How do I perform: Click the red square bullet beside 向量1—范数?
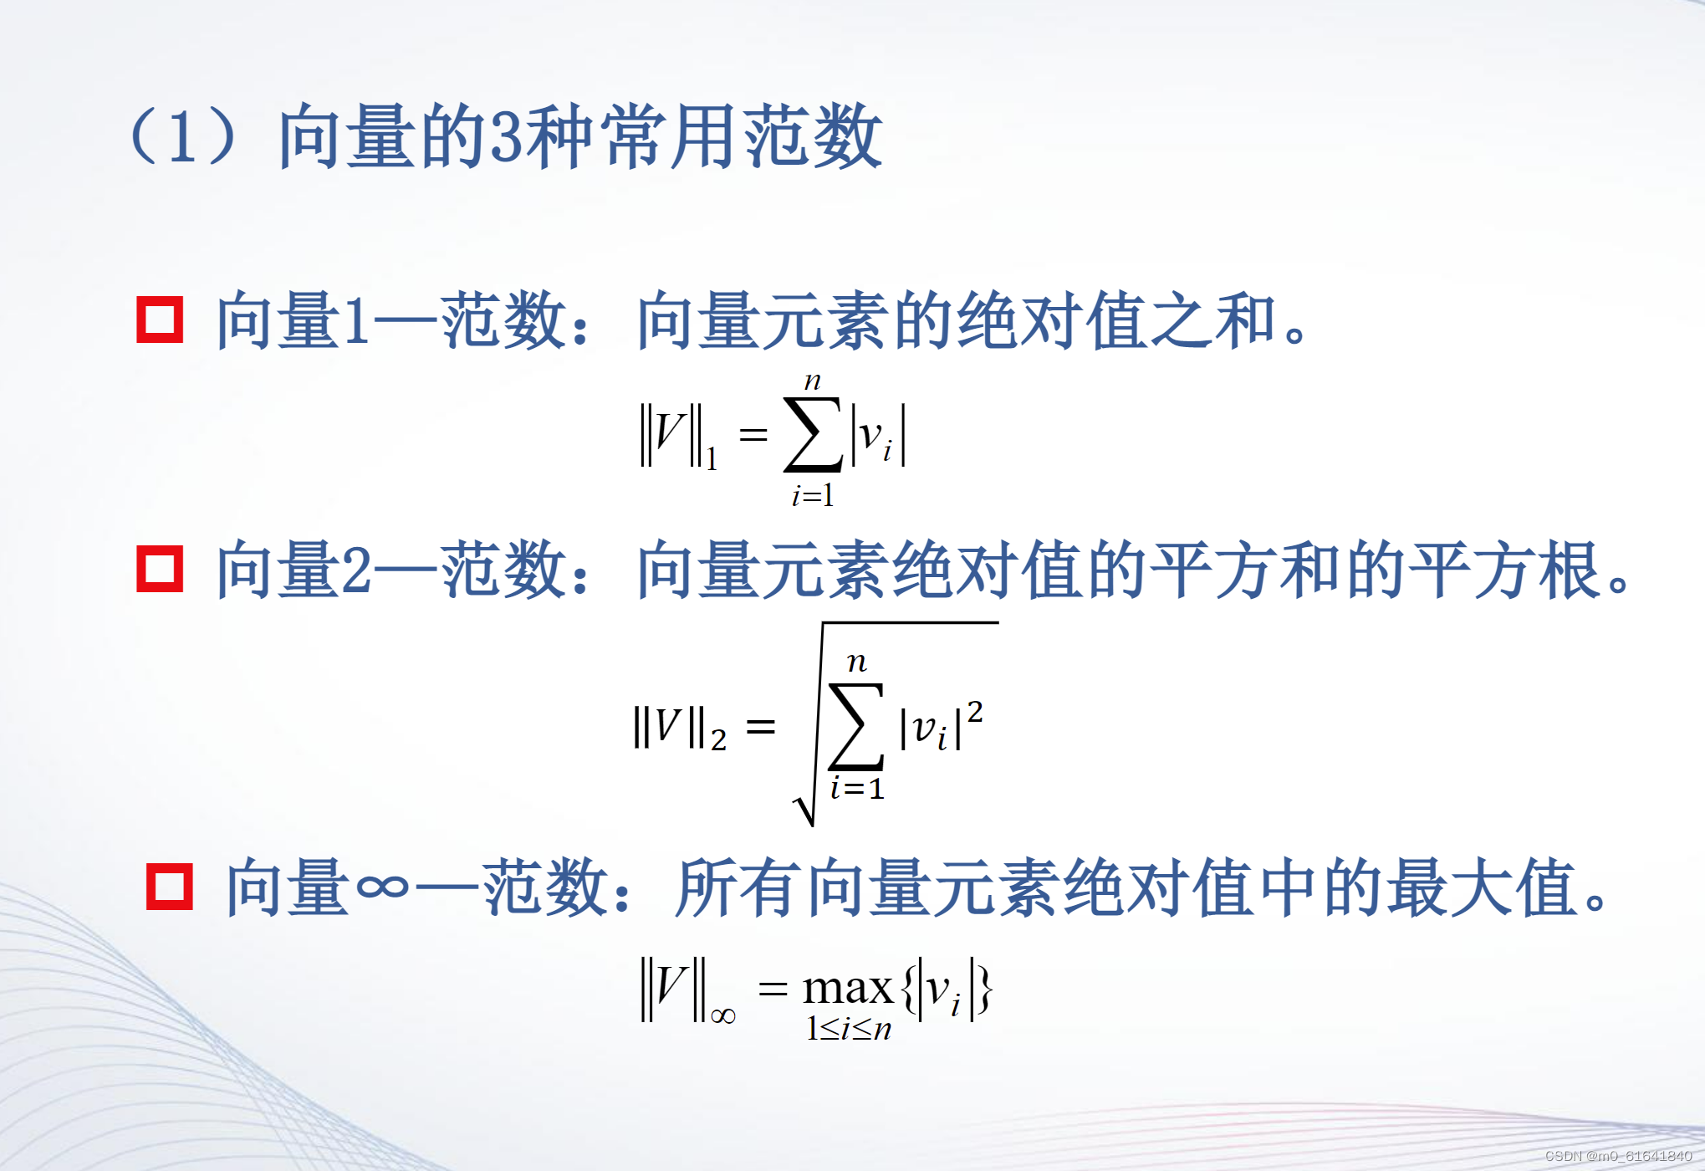[160, 320]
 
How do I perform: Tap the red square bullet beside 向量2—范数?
[160, 570]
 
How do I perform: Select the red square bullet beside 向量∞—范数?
[169, 887]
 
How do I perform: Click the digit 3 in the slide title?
[507, 136]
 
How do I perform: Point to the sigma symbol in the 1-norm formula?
[812, 435]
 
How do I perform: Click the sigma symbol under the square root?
[856, 726]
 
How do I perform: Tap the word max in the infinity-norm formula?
[847, 989]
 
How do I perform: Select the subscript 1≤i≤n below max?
[848, 1029]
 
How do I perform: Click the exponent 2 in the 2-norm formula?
[975, 712]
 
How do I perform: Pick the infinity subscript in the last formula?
[723, 1016]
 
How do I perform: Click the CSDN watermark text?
[1618, 1156]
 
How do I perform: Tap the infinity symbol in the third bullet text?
[382, 887]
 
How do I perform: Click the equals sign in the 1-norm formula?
[753, 434]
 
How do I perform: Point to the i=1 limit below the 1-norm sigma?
[813, 496]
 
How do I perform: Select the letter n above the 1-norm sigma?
[812, 382]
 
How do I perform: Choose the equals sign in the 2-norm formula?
[760, 727]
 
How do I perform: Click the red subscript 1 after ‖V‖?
[712, 459]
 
